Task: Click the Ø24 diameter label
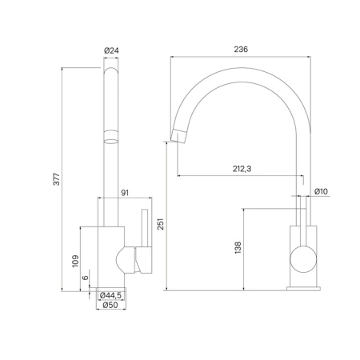(112, 52)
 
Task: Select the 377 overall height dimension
(56, 180)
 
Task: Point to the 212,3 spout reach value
(241, 169)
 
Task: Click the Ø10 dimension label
(322, 191)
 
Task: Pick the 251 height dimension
(160, 226)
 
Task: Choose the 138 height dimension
(238, 249)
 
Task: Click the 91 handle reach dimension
(125, 192)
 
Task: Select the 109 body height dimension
(75, 259)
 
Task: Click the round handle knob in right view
(303, 261)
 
